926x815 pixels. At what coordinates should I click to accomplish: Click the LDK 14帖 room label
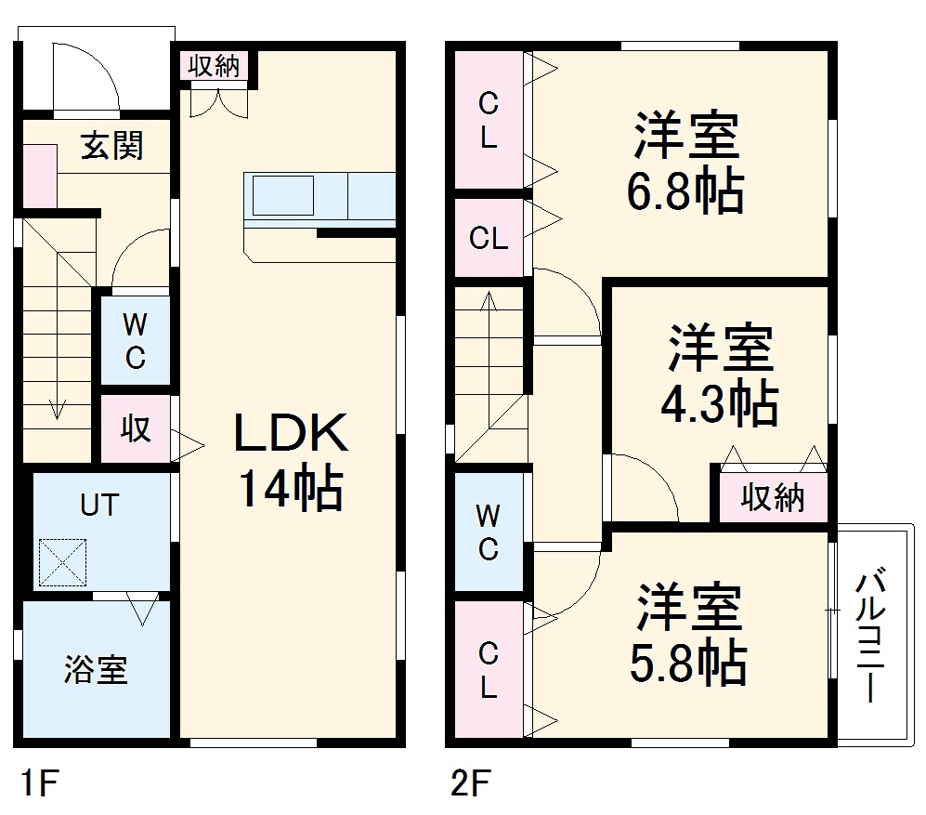[290, 460]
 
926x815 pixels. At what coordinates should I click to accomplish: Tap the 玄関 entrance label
[111, 147]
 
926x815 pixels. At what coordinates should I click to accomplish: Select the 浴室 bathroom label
[96, 669]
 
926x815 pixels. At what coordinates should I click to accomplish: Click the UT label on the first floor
[99, 506]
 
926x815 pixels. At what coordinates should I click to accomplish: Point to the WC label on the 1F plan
[135, 341]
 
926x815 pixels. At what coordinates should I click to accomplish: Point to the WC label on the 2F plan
[488, 532]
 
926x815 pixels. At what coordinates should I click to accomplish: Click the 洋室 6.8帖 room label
[687, 164]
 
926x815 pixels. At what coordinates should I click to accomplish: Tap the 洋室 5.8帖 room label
[688, 635]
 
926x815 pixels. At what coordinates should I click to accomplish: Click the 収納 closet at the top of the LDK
[215, 66]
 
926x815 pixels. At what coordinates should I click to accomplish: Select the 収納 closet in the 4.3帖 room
[773, 498]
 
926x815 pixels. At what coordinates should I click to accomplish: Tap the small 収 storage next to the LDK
[136, 429]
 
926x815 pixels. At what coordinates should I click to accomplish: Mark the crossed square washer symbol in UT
[62, 563]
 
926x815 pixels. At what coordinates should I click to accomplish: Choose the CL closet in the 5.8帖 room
[488, 671]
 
